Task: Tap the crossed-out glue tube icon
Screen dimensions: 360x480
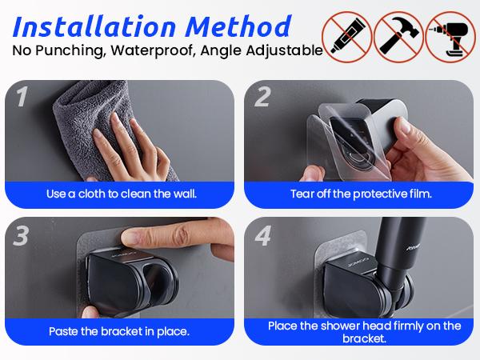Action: [346, 37]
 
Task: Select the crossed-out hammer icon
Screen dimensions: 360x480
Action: [398, 37]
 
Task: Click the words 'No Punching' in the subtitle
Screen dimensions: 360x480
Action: [55, 50]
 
